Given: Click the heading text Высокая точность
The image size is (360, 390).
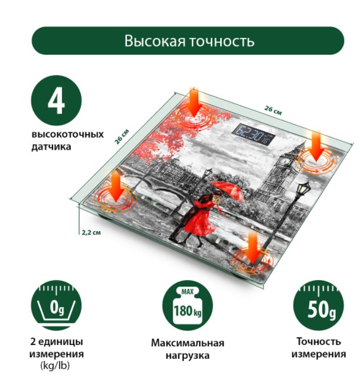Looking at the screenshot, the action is (189, 41).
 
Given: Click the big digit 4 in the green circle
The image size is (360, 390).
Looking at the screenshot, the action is (57, 100).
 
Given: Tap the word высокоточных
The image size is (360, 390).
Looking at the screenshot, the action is (68, 135).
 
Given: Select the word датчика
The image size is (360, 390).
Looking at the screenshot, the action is (51, 147).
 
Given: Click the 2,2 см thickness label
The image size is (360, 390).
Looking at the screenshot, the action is (91, 233).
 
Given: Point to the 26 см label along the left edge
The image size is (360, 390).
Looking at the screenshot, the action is (122, 136).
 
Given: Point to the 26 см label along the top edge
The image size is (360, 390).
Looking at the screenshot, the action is (273, 110).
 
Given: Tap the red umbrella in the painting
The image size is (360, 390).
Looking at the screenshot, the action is (227, 191).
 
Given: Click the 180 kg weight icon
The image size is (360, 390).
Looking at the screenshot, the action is (188, 306).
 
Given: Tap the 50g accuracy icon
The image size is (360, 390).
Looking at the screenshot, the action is (319, 306).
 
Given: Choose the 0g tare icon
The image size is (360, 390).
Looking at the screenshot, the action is (57, 306).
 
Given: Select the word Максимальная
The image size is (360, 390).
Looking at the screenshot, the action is (188, 343).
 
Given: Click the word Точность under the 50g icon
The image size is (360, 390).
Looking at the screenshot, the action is (319, 342).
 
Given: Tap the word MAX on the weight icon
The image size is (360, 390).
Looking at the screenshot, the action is (187, 291).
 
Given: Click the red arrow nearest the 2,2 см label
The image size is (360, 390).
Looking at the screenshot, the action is (116, 187).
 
